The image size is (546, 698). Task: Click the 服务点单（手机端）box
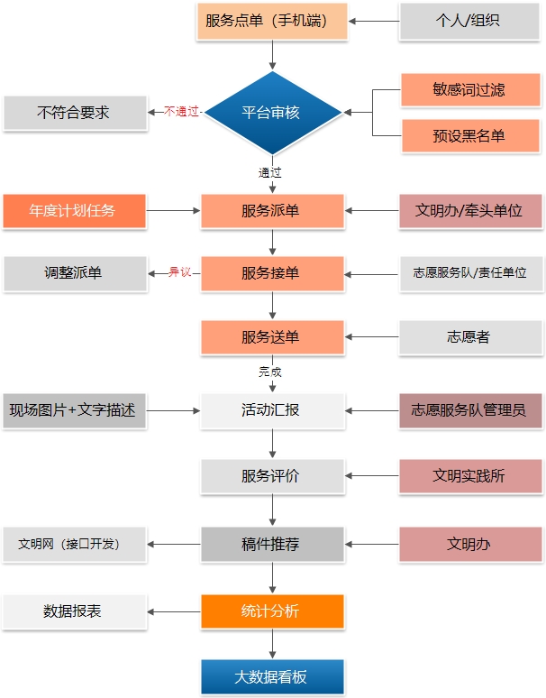pos(272,21)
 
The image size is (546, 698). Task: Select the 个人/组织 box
pos(470,21)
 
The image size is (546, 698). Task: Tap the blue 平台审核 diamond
pos(272,113)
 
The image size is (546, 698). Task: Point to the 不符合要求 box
pos(75,113)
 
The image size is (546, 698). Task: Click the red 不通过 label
pos(182,113)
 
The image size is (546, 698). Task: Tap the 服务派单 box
pos(272,211)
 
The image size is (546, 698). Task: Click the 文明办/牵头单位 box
pos(470,211)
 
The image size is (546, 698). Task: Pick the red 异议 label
pos(180,272)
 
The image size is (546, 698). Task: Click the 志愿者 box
pos(470,337)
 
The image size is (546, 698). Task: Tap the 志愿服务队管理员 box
pos(470,410)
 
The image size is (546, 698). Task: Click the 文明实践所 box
pos(470,476)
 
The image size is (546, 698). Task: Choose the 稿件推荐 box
pos(272,544)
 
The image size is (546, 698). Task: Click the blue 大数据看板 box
pos(272,676)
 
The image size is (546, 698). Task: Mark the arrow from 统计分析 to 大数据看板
pos(272,643)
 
